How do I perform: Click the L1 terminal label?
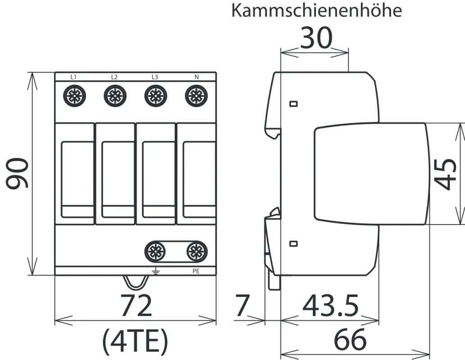73,77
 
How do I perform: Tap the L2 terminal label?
114,77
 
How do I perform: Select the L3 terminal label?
154,77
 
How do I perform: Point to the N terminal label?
196,77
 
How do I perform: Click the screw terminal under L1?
73,95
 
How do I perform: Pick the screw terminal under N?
196,95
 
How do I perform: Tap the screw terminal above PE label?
196,250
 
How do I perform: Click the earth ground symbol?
156,271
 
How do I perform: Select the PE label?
196,271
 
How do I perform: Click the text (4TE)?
135,341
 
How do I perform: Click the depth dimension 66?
350,340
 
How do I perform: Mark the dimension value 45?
446,173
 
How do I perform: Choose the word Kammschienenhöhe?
316,11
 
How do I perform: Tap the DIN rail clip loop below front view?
135,282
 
